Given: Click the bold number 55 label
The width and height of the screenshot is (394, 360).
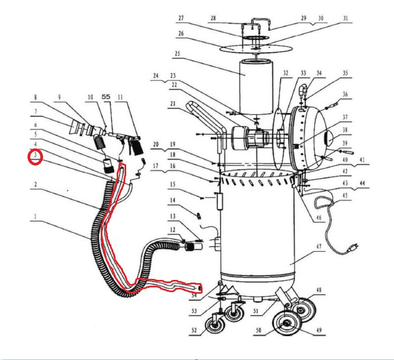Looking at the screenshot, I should (x=106, y=98).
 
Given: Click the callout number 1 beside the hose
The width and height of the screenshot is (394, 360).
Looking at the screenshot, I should (x=35, y=217).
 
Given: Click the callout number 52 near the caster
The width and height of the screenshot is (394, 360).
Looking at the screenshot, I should (x=195, y=330).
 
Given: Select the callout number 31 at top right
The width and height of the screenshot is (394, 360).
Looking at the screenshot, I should (x=346, y=18).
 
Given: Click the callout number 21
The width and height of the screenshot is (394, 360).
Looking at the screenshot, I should (x=172, y=105).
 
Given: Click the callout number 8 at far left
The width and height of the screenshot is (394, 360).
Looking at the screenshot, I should (x=35, y=98).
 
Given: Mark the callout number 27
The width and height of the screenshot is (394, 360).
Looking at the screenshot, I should (x=180, y=18).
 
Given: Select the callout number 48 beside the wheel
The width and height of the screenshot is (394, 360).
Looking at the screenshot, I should (x=319, y=290).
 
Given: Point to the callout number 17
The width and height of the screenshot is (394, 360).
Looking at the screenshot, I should (x=156, y=165).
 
